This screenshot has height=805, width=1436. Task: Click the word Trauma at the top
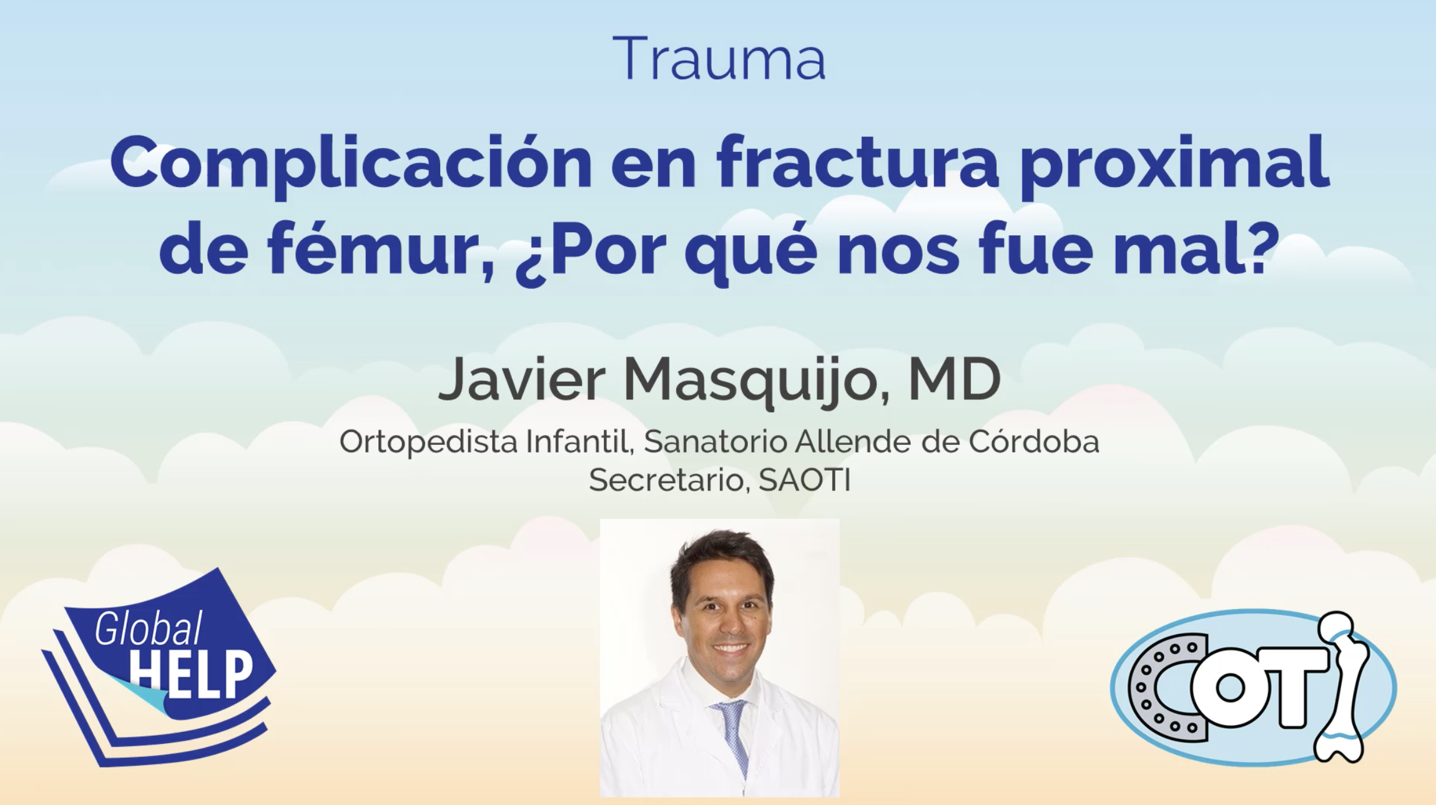pyautogui.click(x=719, y=59)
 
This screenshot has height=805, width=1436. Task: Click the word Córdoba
pyautogui.click(x=1034, y=441)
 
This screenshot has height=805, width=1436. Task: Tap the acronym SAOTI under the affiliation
pyautogui.click(x=804, y=480)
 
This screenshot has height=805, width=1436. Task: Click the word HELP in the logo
pyautogui.click(x=191, y=675)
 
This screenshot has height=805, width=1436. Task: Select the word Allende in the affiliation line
pyautogui.click(x=847, y=441)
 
